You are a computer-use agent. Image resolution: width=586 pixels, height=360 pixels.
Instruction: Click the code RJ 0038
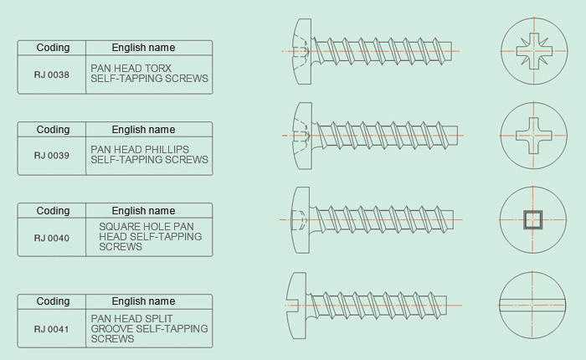coord(52,75)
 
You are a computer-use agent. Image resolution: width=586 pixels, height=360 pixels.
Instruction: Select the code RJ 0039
coord(52,156)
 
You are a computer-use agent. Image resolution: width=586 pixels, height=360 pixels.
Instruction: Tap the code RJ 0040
coord(52,238)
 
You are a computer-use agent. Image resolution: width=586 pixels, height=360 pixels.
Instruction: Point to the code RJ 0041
coord(52,329)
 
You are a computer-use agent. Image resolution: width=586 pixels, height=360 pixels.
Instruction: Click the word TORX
coord(158,69)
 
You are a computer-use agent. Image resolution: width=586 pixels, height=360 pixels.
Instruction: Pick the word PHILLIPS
coord(167,150)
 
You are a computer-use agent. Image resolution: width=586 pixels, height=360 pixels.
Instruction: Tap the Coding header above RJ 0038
coord(53,48)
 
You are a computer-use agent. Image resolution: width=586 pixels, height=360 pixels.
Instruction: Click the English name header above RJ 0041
coord(143,301)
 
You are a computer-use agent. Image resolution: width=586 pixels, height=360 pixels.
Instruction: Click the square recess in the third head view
coord(533,220)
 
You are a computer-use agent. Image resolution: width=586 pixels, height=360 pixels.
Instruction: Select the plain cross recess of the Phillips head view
coord(534,136)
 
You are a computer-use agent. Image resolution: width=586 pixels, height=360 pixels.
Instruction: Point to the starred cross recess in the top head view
coord(534,51)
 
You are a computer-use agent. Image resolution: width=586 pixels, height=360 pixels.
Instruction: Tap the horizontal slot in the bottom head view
coord(532,305)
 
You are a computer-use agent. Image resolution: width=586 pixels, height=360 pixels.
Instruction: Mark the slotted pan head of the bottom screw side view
coord(296,306)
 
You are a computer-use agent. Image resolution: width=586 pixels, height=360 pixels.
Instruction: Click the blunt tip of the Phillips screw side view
coord(455,136)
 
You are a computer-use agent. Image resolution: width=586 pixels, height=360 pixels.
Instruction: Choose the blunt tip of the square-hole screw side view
coord(450,220)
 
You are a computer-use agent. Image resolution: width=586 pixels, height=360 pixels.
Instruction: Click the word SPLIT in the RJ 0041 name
coord(160,319)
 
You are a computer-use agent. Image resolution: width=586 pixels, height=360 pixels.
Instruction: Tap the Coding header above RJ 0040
coord(53,211)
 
